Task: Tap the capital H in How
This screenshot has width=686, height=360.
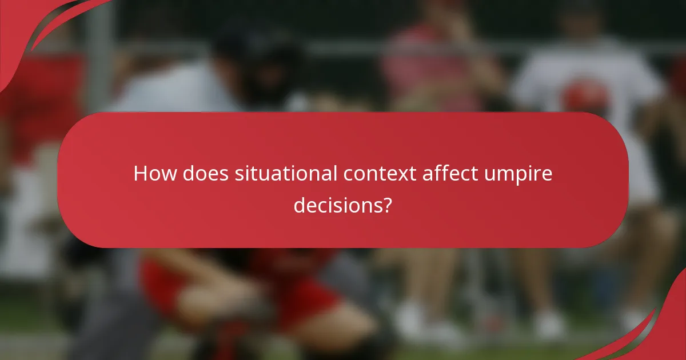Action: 140,174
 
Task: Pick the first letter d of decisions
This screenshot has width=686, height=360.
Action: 299,205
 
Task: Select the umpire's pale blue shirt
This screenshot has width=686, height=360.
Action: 171,91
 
